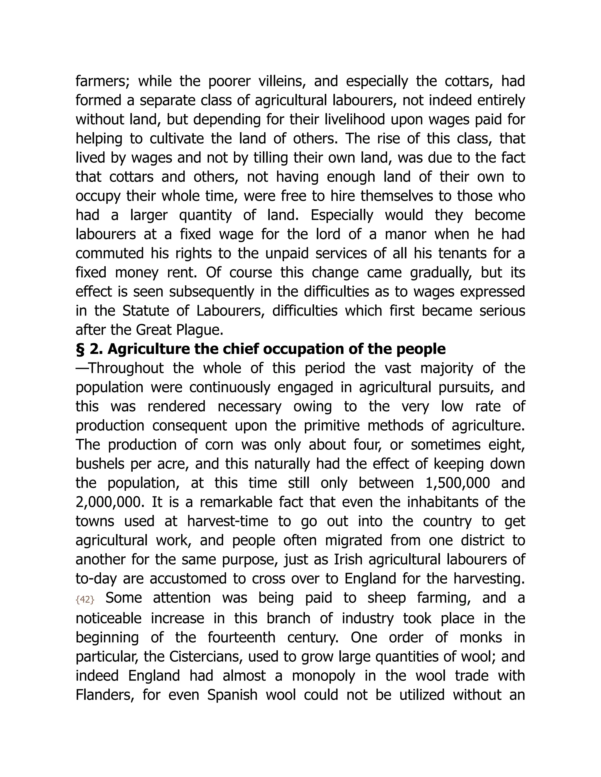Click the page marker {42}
pyautogui.click(x=85, y=600)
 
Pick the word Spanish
pyautogui.click(x=232, y=695)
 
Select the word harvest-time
pyautogui.click(x=227, y=522)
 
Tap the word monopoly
pyautogui.click(x=324, y=676)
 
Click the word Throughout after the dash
pyautogui.click(x=126, y=369)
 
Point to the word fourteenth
pyautogui.click(x=242, y=637)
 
